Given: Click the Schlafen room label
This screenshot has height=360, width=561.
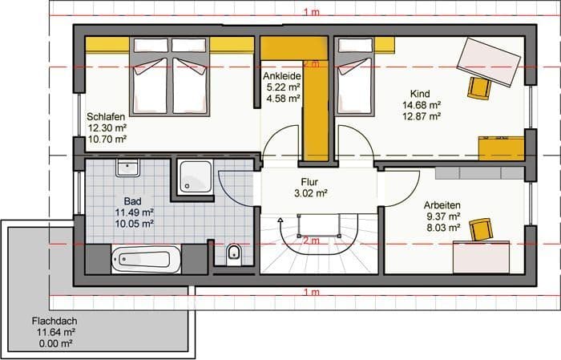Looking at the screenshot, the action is point(106,117).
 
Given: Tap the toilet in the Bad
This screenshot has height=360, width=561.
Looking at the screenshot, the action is point(234,255).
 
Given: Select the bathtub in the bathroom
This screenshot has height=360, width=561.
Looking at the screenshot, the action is point(146,259).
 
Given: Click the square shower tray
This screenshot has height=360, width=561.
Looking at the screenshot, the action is point(196,176).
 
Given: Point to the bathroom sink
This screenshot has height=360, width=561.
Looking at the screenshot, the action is point(127,168).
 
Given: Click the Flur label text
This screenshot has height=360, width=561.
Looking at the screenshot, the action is point(309,182).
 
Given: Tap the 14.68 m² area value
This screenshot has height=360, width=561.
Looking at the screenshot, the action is point(422,105).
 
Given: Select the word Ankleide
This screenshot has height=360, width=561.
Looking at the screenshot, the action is point(282,76).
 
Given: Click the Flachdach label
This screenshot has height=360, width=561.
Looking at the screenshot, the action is point(54,321).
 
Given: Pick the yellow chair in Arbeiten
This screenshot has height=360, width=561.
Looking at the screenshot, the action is point(481,229).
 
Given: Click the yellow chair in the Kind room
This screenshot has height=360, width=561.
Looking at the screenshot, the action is point(478,88).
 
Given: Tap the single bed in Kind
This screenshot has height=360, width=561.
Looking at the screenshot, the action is point(354,77).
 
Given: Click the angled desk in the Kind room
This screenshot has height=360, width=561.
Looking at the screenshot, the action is point(488,62).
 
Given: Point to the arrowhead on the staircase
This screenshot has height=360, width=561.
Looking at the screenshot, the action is point(280,220).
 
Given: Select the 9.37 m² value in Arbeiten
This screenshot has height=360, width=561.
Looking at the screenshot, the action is point(443,216).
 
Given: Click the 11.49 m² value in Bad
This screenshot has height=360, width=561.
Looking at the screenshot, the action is point(134,212).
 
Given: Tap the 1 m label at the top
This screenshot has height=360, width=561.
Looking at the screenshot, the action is point(311,12).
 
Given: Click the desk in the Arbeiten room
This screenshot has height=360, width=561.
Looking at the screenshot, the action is point(481,257).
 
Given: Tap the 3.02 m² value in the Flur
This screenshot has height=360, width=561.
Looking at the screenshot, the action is point(311,193).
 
